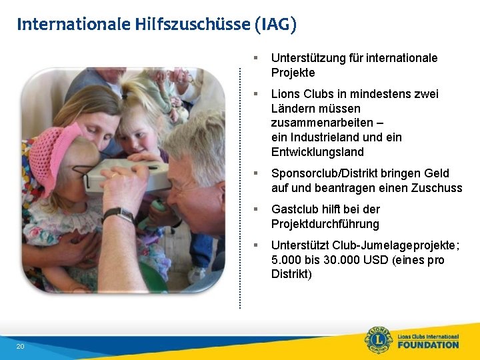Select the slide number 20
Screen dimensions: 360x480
tap(20, 346)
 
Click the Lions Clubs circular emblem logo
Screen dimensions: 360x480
tap(378, 340)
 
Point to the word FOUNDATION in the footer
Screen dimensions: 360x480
tap(428, 345)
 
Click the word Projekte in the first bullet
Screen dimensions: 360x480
tap(293, 73)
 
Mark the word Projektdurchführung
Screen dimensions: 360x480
tap(325, 224)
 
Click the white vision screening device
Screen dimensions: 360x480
tap(126, 172)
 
